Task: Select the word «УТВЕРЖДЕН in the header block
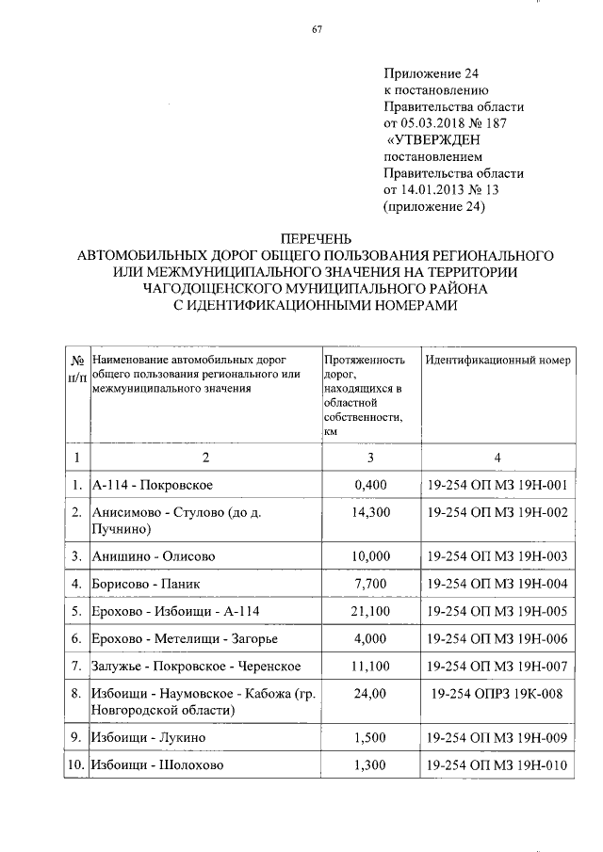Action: click(x=435, y=139)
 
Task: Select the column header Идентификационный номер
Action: click(x=497, y=361)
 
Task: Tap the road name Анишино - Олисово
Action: click(x=154, y=556)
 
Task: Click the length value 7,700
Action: click(x=369, y=584)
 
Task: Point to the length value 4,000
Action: click(x=369, y=639)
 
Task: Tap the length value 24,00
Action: click(x=369, y=695)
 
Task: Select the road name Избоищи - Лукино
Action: click(x=149, y=738)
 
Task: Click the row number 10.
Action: click(x=75, y=765)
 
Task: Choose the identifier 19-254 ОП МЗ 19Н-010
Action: click(x=497, y=765)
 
